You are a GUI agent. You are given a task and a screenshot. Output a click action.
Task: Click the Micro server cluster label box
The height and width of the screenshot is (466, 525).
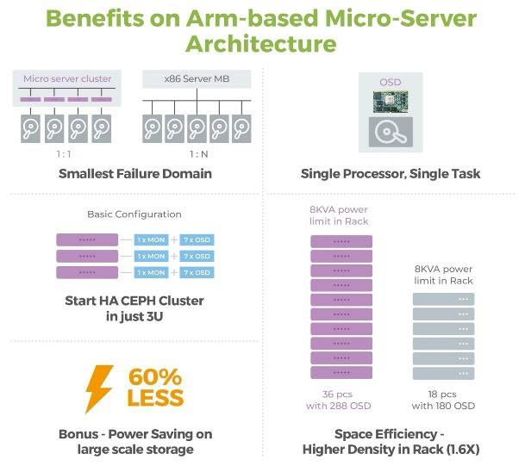[x=67, y=78]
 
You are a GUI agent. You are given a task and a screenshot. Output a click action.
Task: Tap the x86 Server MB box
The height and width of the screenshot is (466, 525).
[x=196, y=78]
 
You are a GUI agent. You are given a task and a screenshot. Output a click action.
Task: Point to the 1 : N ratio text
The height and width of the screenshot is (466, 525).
[x=198, y=155]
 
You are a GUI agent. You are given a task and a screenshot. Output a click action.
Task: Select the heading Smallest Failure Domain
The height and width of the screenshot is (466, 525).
[x=135, y=174]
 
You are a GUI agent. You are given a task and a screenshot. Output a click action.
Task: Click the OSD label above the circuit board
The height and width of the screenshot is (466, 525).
[x=391, y=82]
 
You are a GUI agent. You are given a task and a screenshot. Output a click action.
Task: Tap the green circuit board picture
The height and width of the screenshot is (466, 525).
[x=391, y=103]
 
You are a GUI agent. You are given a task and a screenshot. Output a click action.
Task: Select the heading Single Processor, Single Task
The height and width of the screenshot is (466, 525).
[x=391, y=174]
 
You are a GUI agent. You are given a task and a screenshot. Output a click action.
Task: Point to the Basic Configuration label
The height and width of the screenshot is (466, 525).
[x=134, y=214]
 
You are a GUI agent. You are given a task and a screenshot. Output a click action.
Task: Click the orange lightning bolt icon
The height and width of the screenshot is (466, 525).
[x=99, y=388]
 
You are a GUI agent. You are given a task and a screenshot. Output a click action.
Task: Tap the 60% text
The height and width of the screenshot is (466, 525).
[x=156, y=377]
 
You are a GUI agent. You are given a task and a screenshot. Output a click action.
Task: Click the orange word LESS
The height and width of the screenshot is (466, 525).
[x=156, y=399]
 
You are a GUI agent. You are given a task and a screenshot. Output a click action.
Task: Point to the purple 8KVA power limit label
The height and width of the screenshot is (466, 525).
[x=338, y=214]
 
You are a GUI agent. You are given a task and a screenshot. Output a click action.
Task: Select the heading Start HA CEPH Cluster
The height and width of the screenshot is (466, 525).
[x=134, y=308]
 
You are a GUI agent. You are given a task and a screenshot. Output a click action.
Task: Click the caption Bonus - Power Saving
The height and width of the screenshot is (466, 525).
[x=134, y=434]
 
